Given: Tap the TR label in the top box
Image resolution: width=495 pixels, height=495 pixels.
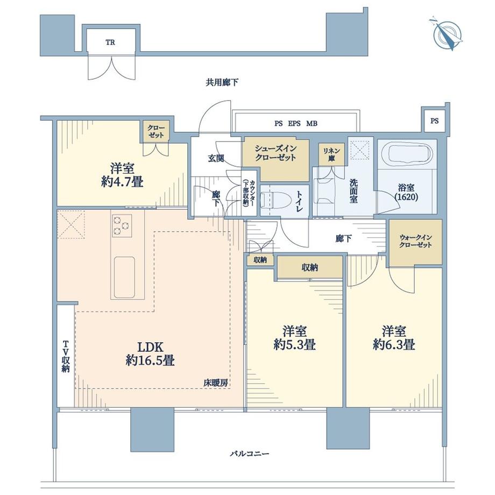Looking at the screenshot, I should [x=110, y=42].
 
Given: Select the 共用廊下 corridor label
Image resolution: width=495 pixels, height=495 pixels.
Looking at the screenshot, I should [x=222, y=82].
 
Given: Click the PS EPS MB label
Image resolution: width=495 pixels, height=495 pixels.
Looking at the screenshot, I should [x=295, y=123].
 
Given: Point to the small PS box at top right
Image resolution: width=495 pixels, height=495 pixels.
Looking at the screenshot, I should [x=434, y=121].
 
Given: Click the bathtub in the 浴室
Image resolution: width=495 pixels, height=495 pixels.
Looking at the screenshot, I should [x=405, y=155].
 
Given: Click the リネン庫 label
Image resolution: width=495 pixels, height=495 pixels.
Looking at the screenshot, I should [x=328, y=153].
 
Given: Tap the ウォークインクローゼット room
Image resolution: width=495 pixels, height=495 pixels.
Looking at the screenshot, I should [x=415, y=242].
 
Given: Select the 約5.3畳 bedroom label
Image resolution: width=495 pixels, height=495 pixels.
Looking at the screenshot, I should [x=294, y=337].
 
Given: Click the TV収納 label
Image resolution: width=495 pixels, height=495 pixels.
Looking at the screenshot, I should [x=65, y=356].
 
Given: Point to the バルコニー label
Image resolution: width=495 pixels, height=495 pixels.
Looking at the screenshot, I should [x=248, y=454].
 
